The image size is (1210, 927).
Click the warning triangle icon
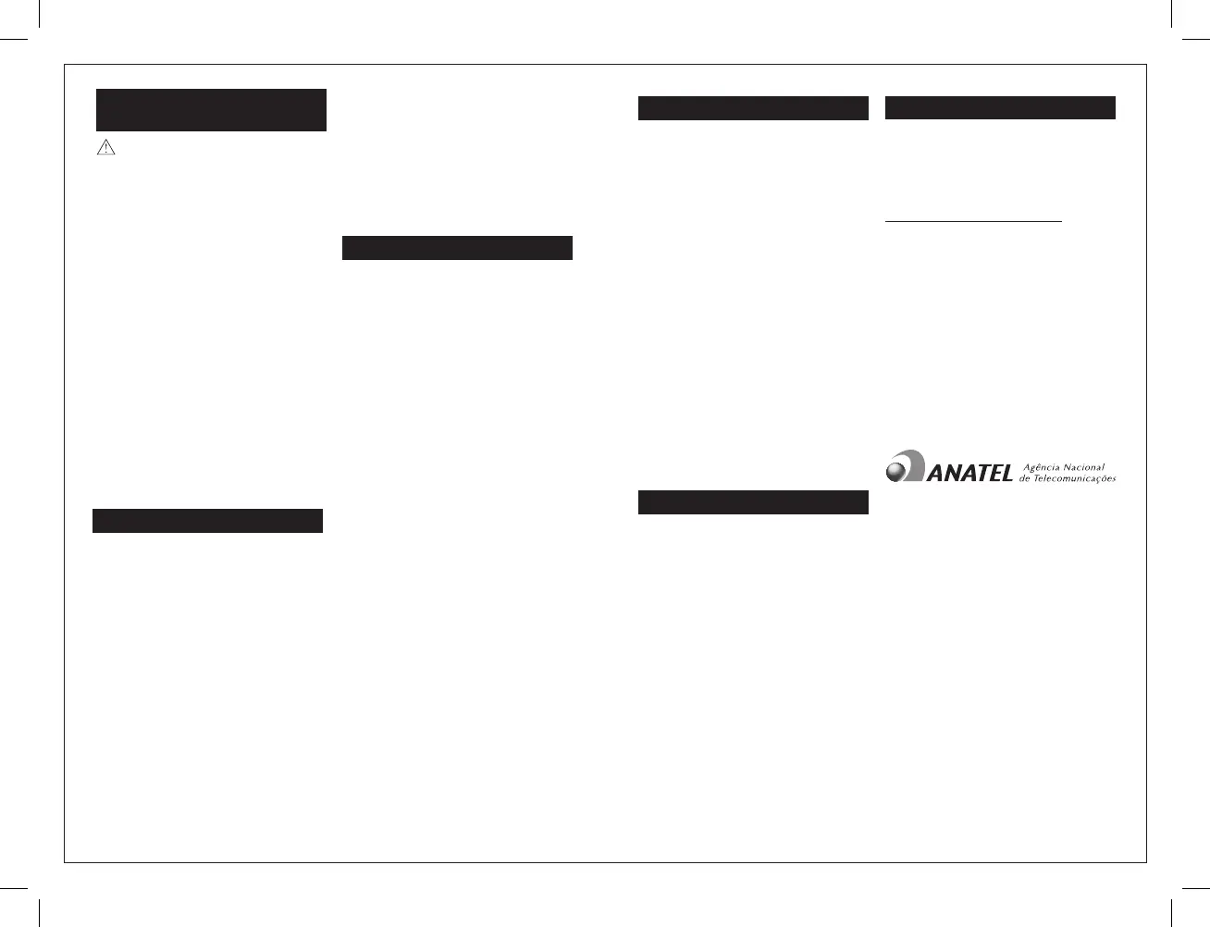(105, 147)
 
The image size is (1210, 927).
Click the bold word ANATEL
(969, 474)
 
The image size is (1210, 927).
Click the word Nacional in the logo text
(1084, 467)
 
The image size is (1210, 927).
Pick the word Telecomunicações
(1074, 478)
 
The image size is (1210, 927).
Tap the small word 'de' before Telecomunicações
(1024, 478)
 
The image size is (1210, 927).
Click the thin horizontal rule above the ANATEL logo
(973, 221)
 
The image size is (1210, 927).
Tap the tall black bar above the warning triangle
(212, 110)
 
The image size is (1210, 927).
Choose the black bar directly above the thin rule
(1000, 107)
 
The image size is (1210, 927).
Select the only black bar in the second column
(457, 248)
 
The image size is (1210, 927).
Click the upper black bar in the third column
(753, 108)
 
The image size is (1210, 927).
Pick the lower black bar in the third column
(753, 502)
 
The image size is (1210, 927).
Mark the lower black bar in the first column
(207, 521)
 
